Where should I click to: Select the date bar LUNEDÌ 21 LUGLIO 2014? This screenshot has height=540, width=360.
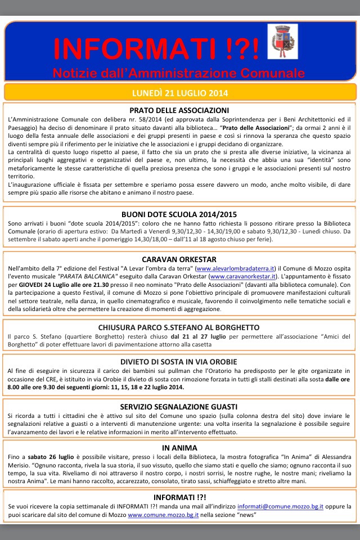click(179, 92)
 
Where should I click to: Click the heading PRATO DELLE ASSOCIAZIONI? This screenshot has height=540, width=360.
click(179, 110)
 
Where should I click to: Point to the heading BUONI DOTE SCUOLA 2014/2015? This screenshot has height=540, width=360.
click(179, 214)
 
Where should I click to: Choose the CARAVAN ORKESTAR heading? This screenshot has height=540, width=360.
click(179, 259)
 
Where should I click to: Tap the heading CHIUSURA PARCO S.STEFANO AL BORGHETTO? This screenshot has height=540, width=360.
click(179, 327)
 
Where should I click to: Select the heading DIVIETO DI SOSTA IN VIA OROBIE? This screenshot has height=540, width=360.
click(179, 361)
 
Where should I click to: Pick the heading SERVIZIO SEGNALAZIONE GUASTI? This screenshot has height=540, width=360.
click(179, 406)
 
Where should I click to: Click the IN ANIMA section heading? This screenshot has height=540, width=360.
click(179, 448)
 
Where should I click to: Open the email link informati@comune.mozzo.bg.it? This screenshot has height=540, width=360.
click(280, 506)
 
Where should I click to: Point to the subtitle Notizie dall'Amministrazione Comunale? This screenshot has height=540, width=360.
click(178, 73)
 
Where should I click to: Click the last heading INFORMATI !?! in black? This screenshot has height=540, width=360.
click(179, 497)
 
